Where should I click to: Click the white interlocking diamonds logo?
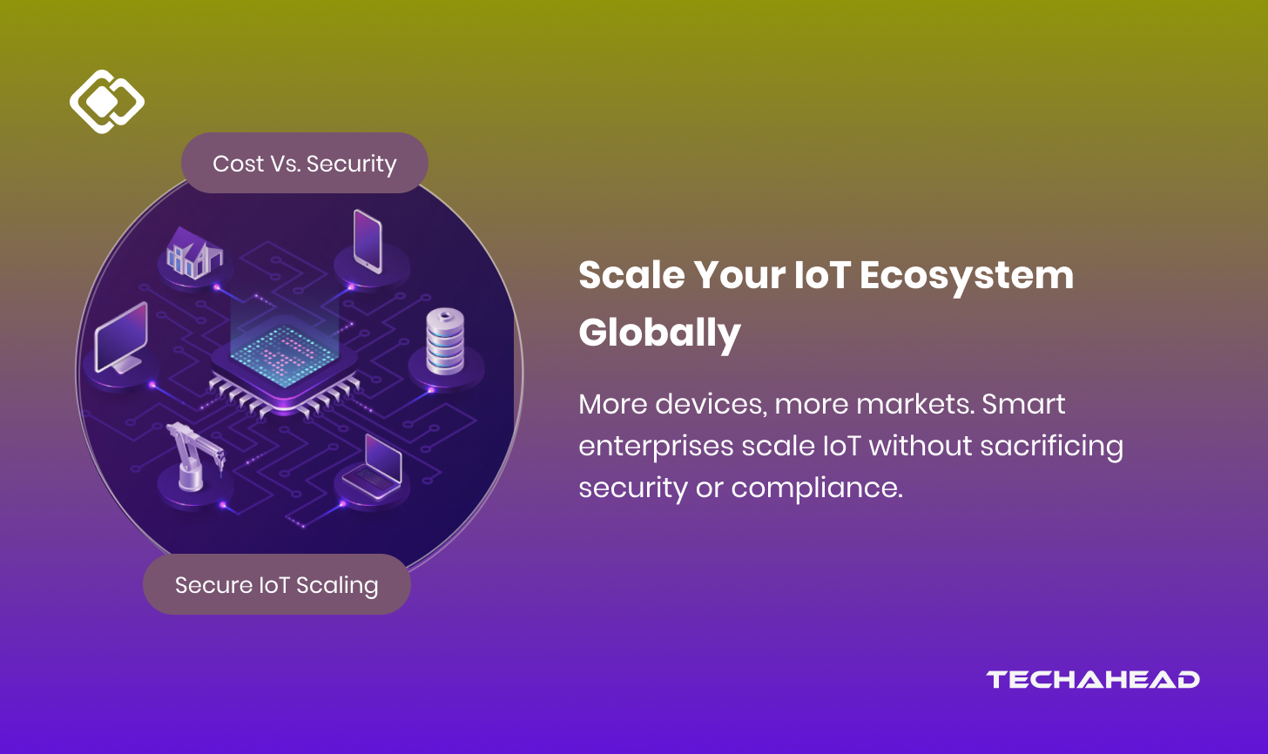coord(106,102)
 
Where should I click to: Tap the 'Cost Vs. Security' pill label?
coord(304,164)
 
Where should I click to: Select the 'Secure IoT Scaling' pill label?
coord(276,585)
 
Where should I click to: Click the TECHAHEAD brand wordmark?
coord(1093,680)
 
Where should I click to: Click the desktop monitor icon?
coord(121,339)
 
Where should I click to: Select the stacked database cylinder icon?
coord(445,342)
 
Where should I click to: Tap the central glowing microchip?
coord(284,357)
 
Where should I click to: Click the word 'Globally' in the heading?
coord(659,333)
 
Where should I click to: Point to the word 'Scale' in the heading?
coord(631,276)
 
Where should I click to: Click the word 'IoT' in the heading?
coord(821,276)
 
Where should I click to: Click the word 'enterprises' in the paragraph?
coord(656,447)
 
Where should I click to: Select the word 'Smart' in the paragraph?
coord(1027,405)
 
